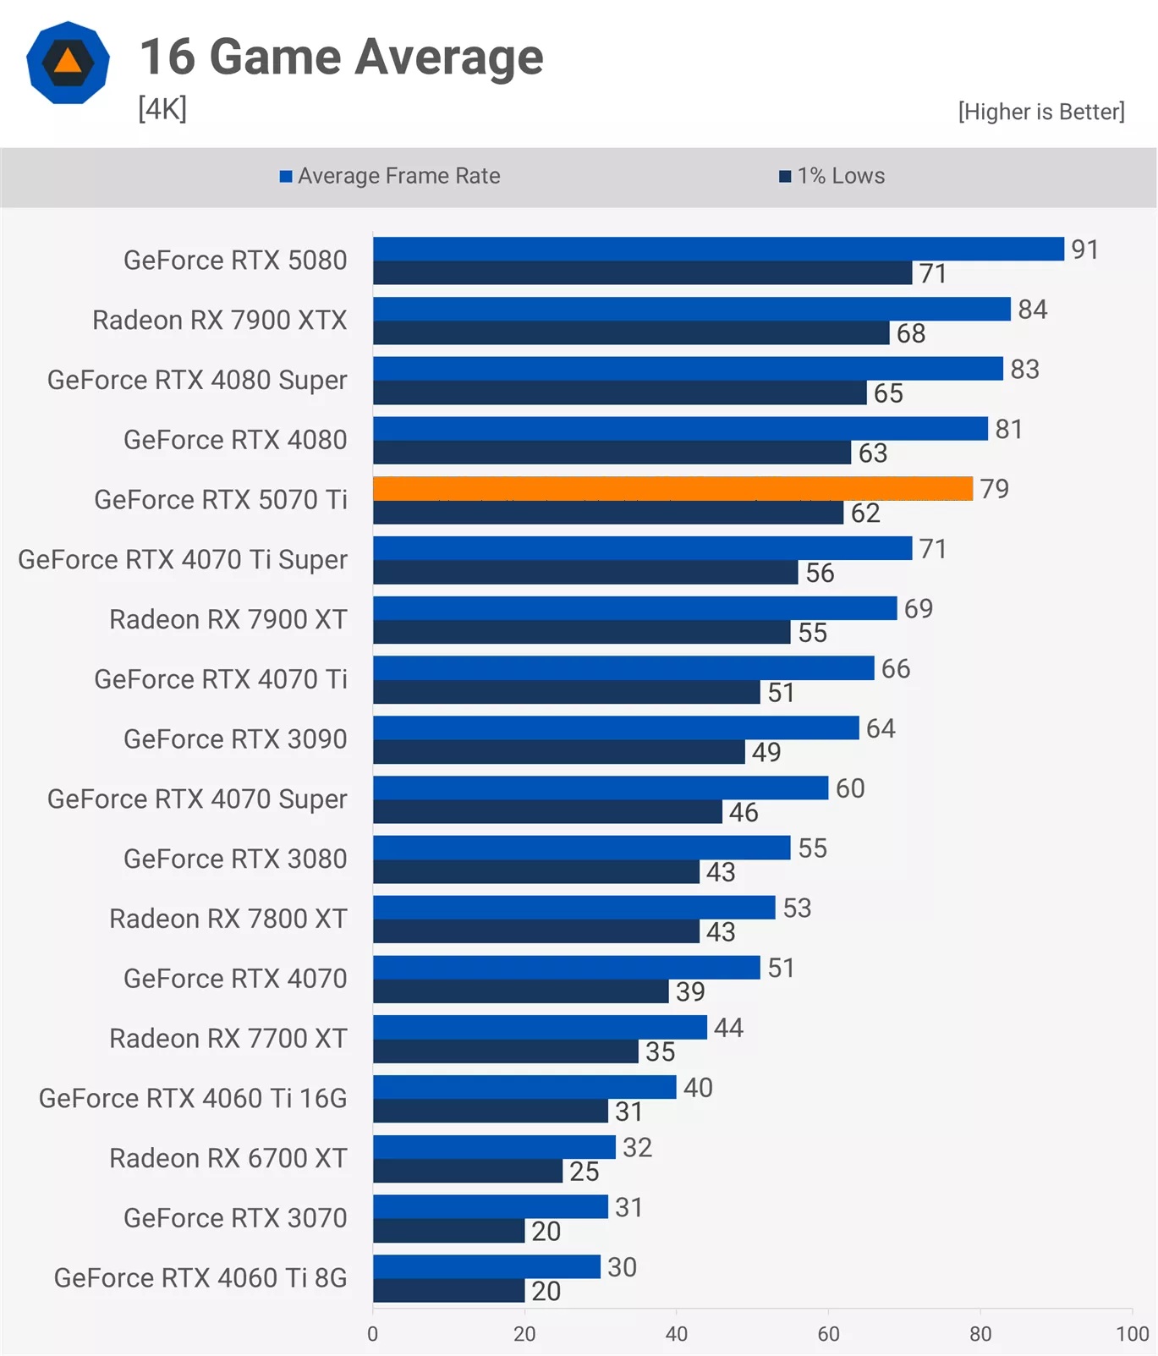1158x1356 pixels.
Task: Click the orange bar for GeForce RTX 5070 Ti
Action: [672, 488]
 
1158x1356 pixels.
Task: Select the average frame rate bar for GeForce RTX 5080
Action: [718, 249]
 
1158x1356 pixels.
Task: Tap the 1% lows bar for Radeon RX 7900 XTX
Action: [631, 333]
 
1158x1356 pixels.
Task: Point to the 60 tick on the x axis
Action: [828, 1334]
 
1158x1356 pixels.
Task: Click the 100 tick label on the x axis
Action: [1132, 1334]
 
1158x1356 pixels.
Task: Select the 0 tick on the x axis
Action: [373, 1334]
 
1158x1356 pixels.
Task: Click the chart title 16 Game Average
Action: [341, 58]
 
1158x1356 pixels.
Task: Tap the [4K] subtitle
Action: [162, 108]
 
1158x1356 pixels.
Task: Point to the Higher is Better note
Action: [1040, 112]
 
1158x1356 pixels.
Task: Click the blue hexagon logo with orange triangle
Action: [68, 63]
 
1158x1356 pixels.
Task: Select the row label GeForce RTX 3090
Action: [235, 739]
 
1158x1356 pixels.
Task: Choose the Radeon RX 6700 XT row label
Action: [228, 1158]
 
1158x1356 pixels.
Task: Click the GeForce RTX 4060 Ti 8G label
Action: [200, 1277]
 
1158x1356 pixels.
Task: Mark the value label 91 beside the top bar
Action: [1084, 250]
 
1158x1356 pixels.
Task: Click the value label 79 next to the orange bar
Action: [994, 489]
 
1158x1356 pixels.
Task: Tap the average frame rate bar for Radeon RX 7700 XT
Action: [540, 1027]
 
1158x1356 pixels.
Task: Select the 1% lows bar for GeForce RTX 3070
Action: [448, 1231]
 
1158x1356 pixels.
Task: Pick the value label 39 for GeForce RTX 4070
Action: [690, 991]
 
